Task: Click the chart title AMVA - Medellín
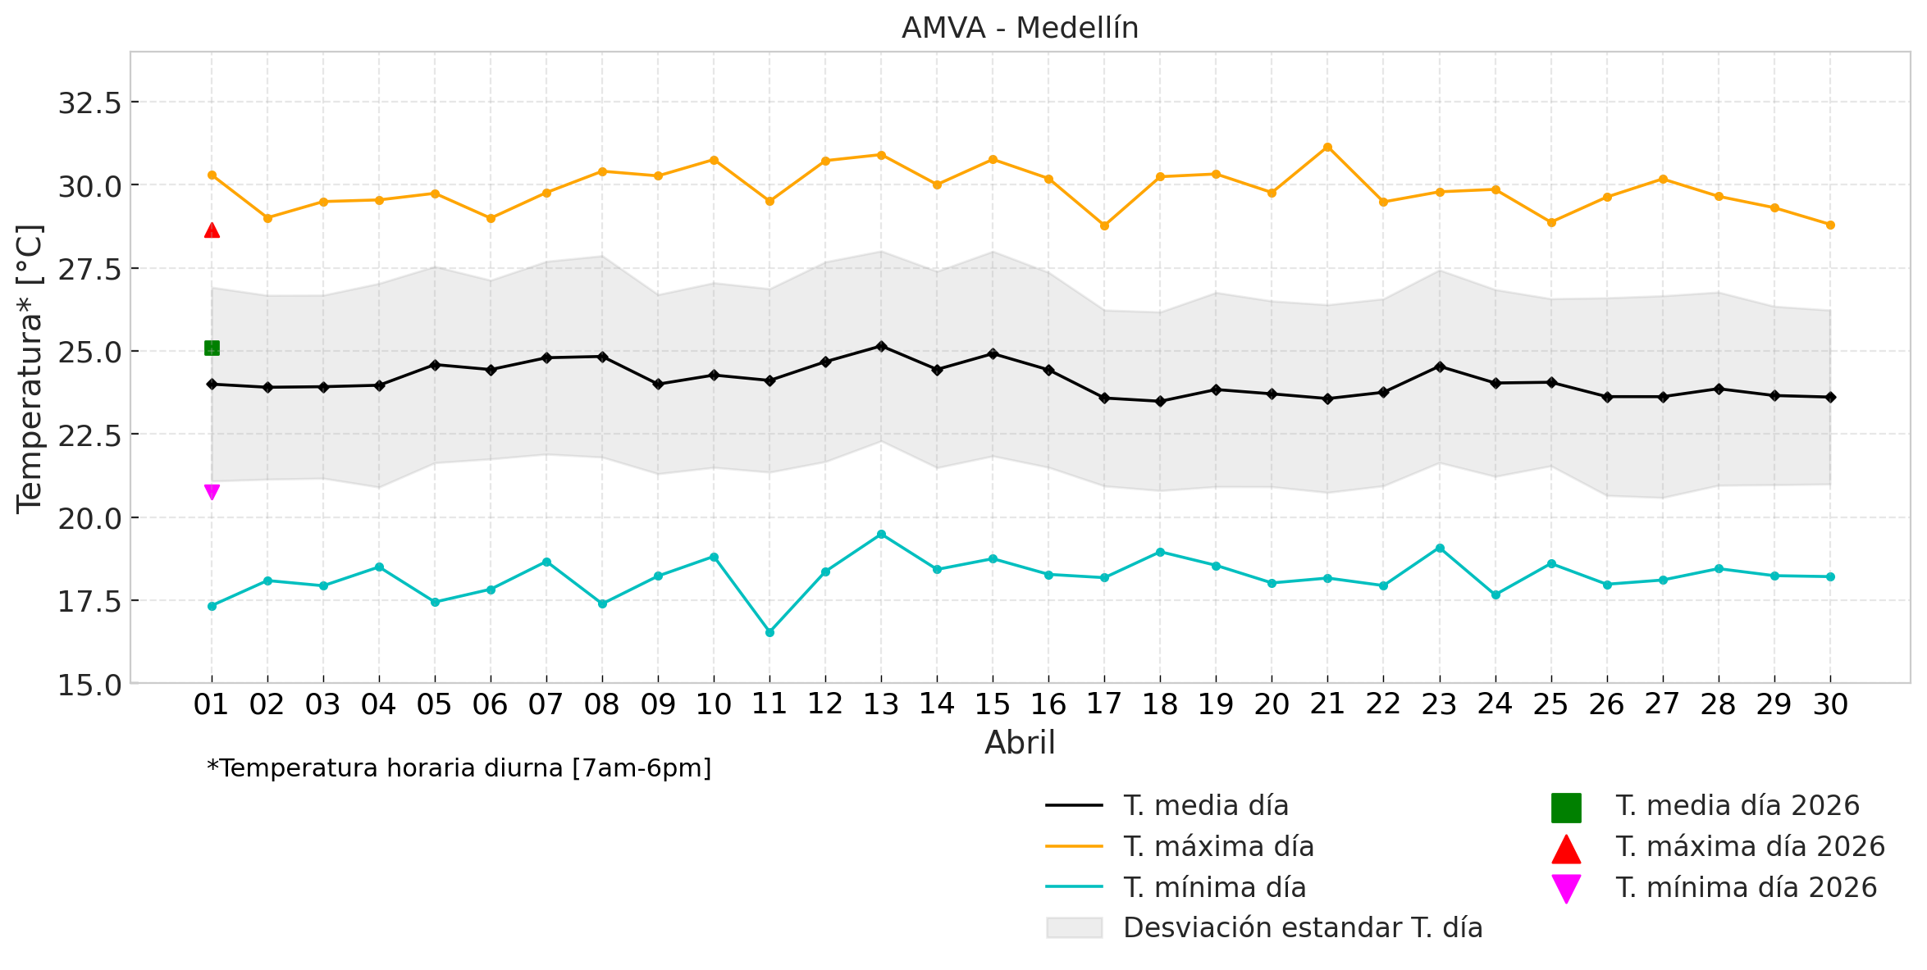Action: (1020, 28)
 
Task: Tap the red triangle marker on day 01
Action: (212, 230)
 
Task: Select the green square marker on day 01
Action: (212, 348)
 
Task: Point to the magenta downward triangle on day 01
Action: (212, 492)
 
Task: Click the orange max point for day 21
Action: (1327, 148)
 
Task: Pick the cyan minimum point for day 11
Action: (769, 632)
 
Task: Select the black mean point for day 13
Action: (881, 346)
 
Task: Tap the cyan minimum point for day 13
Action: (881, 534)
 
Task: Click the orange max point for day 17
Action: (1104, 225)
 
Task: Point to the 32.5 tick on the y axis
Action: (89, 103)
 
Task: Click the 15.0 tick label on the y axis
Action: (89, 685)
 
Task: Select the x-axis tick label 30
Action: (1830, 704)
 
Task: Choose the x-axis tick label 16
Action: (1048, 704)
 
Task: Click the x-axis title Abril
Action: (1020, 743)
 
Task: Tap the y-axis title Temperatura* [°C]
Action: (30, 369)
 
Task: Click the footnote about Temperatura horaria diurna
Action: (459, 768)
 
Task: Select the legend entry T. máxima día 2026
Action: (1750, 847)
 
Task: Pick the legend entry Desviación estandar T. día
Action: (1303, 928)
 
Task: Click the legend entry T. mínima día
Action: (1214, 888)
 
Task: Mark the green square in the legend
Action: (1566, 808)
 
